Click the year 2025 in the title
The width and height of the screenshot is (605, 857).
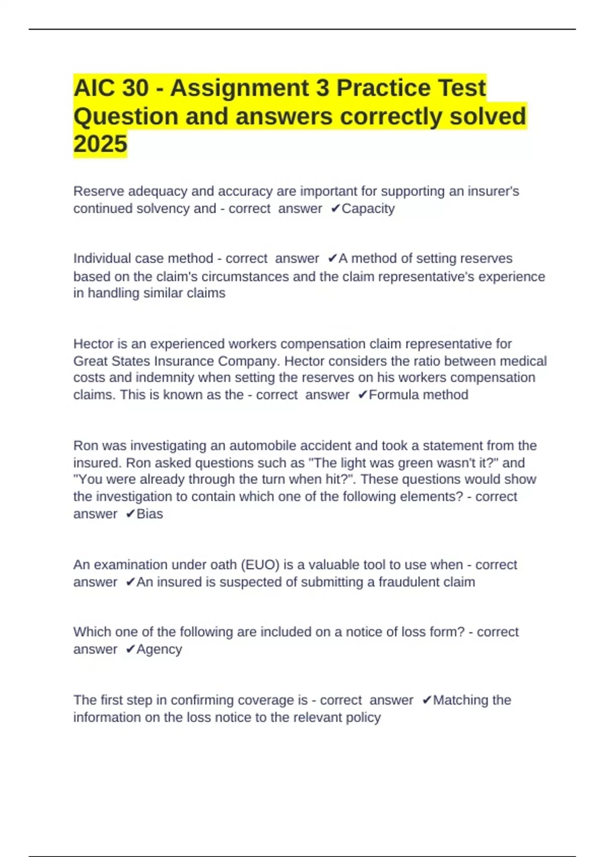point(100,144)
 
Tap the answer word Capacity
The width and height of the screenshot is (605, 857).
point(368,209)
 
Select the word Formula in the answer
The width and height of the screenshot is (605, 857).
point(393,395)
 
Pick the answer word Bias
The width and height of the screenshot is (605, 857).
point(150,514)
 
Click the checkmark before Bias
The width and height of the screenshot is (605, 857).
point(130,514)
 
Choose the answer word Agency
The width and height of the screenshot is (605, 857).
point(159,649)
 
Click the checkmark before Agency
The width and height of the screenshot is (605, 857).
point(130,649)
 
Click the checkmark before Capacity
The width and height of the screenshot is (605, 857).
point(335,209)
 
